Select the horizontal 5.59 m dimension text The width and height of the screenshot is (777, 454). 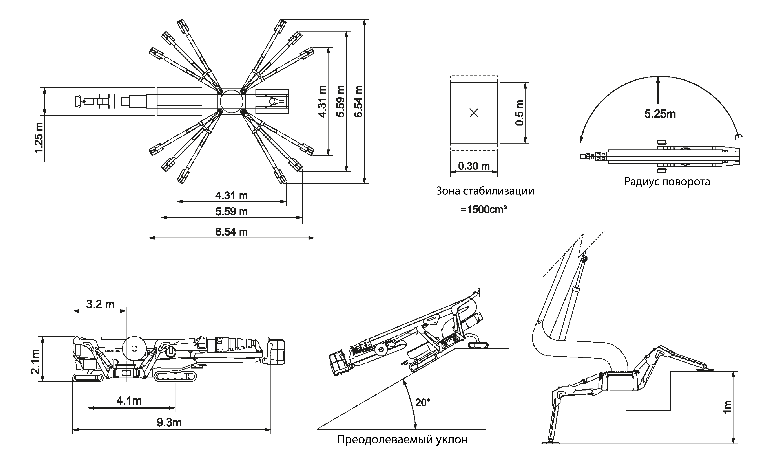(x=231, y=212)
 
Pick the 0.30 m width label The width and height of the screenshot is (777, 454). (x=474, y=166)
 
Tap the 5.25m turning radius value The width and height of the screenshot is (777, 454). (x=660, y=114)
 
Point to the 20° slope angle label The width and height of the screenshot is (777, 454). (x=422, y=402)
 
